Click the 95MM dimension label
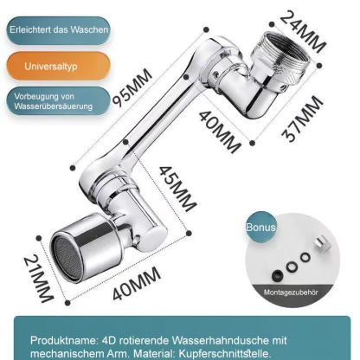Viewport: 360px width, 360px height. click(x=132, y=87)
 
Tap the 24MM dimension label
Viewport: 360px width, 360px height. click(x=303, y=31)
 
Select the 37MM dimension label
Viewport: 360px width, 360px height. click(x=302, y=119)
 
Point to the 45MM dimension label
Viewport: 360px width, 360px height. click(x=178, y=189)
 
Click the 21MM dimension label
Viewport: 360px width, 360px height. click(x=38, y=279)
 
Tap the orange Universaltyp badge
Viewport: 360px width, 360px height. click(x=58, y=66)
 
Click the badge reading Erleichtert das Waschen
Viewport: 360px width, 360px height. click(x=58, y=30)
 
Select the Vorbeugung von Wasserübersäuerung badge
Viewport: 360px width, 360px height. click(x=58, y=101)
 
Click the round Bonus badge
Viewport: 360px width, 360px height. click(x=260, y=227)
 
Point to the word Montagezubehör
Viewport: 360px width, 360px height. click(x=291, y=292)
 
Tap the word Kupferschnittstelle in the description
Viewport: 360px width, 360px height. click(x=225, y=353)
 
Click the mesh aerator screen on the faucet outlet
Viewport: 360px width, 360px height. click(x=68, y=258)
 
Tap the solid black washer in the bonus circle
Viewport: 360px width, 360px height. click(x=278, y=275)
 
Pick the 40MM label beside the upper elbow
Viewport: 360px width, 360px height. click(x=220, y=132)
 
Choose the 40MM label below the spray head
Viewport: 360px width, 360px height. click(x=137, y=284)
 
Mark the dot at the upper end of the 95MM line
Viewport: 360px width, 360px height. click(x=206, y=29)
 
